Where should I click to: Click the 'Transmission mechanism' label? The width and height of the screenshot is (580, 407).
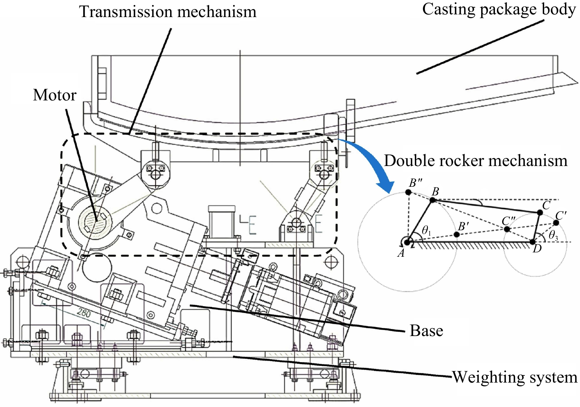pyautogui.click(x=167, y=12)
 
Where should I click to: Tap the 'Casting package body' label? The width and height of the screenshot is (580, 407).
pyautogui.click(x=499, y=9)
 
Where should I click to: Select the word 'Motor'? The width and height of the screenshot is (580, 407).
pyautogui.click(x=55, y=95)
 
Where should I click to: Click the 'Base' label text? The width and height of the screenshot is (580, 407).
pyautogui.click(x=426, y=331)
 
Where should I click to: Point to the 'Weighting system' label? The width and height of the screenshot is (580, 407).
pyautogui.click(x=515, y=377)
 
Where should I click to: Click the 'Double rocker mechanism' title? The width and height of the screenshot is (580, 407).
pyautogui.click(x=476, y=161)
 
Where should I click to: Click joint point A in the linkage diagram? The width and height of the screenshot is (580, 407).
pyautogui.click(x=407, y=241)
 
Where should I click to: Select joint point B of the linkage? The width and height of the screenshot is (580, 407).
pyautogui.click(x=432, y=200)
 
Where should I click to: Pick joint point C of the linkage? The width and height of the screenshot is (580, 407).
pyautogui.click(x=539, y=213)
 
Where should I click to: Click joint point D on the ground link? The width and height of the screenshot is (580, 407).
pyautogui.click(x=533, y=241)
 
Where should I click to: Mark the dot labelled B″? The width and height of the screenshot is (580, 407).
pyautogui.click(x=408, y=192)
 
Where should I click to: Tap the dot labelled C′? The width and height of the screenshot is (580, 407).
pyautogui.click(x=556, y=223)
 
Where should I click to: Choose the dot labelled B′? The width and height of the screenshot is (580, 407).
pyautogui.click(x=457, y=235)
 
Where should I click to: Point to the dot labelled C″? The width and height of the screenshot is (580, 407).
pyautogui.click(x=507, y=229)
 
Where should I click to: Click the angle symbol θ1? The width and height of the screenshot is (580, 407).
pyautogui.click(x=426, y=230)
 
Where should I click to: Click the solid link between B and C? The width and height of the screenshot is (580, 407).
pyautogui.click(x=486, y=206)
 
